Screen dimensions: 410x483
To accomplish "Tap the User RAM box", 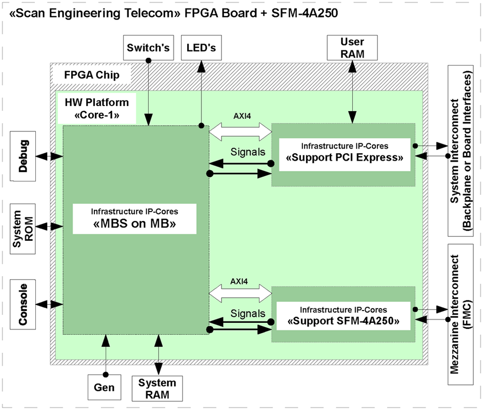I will pos(352,48).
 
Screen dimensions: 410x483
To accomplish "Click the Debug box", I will pos(23,155).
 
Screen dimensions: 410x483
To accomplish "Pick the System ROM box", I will pos(23,225).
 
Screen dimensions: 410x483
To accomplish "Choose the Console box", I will pos(23,303).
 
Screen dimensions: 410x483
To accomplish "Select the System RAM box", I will pos(157,388).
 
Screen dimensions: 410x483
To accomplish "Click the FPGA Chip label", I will pos(92,75).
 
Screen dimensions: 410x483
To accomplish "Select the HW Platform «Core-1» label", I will pos(97,109).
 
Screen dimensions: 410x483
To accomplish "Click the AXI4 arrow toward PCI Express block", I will pos(240,132).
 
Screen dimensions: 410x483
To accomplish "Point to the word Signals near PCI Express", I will pos(248,152).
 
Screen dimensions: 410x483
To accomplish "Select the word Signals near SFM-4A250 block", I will pos(248,313).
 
